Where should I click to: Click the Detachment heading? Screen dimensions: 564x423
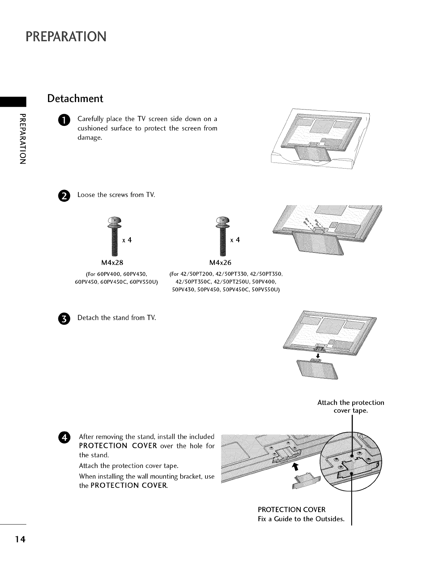click(x=75, y=98)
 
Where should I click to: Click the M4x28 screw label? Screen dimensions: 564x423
click(x=112, y=263)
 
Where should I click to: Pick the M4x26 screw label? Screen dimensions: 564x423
click(x=220, y=263)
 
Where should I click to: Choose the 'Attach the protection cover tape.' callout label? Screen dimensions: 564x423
click(x=350, y=407)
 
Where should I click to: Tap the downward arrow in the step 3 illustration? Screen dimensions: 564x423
click(x=318, y=356)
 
